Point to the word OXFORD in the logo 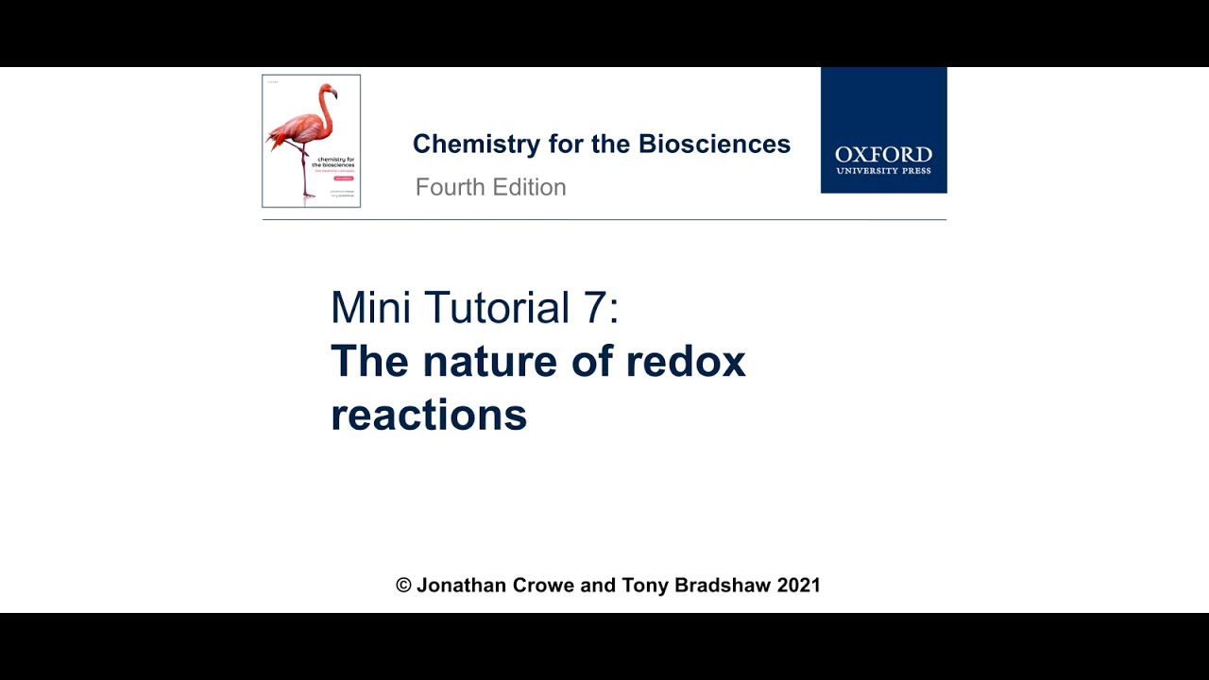point(883,155)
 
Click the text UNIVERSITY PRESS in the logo point(883,171)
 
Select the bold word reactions point(429,415)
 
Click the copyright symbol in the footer point(403,586)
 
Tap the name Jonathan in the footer point(462,586)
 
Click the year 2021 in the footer point(798,586)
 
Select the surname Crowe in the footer point(543,586)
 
